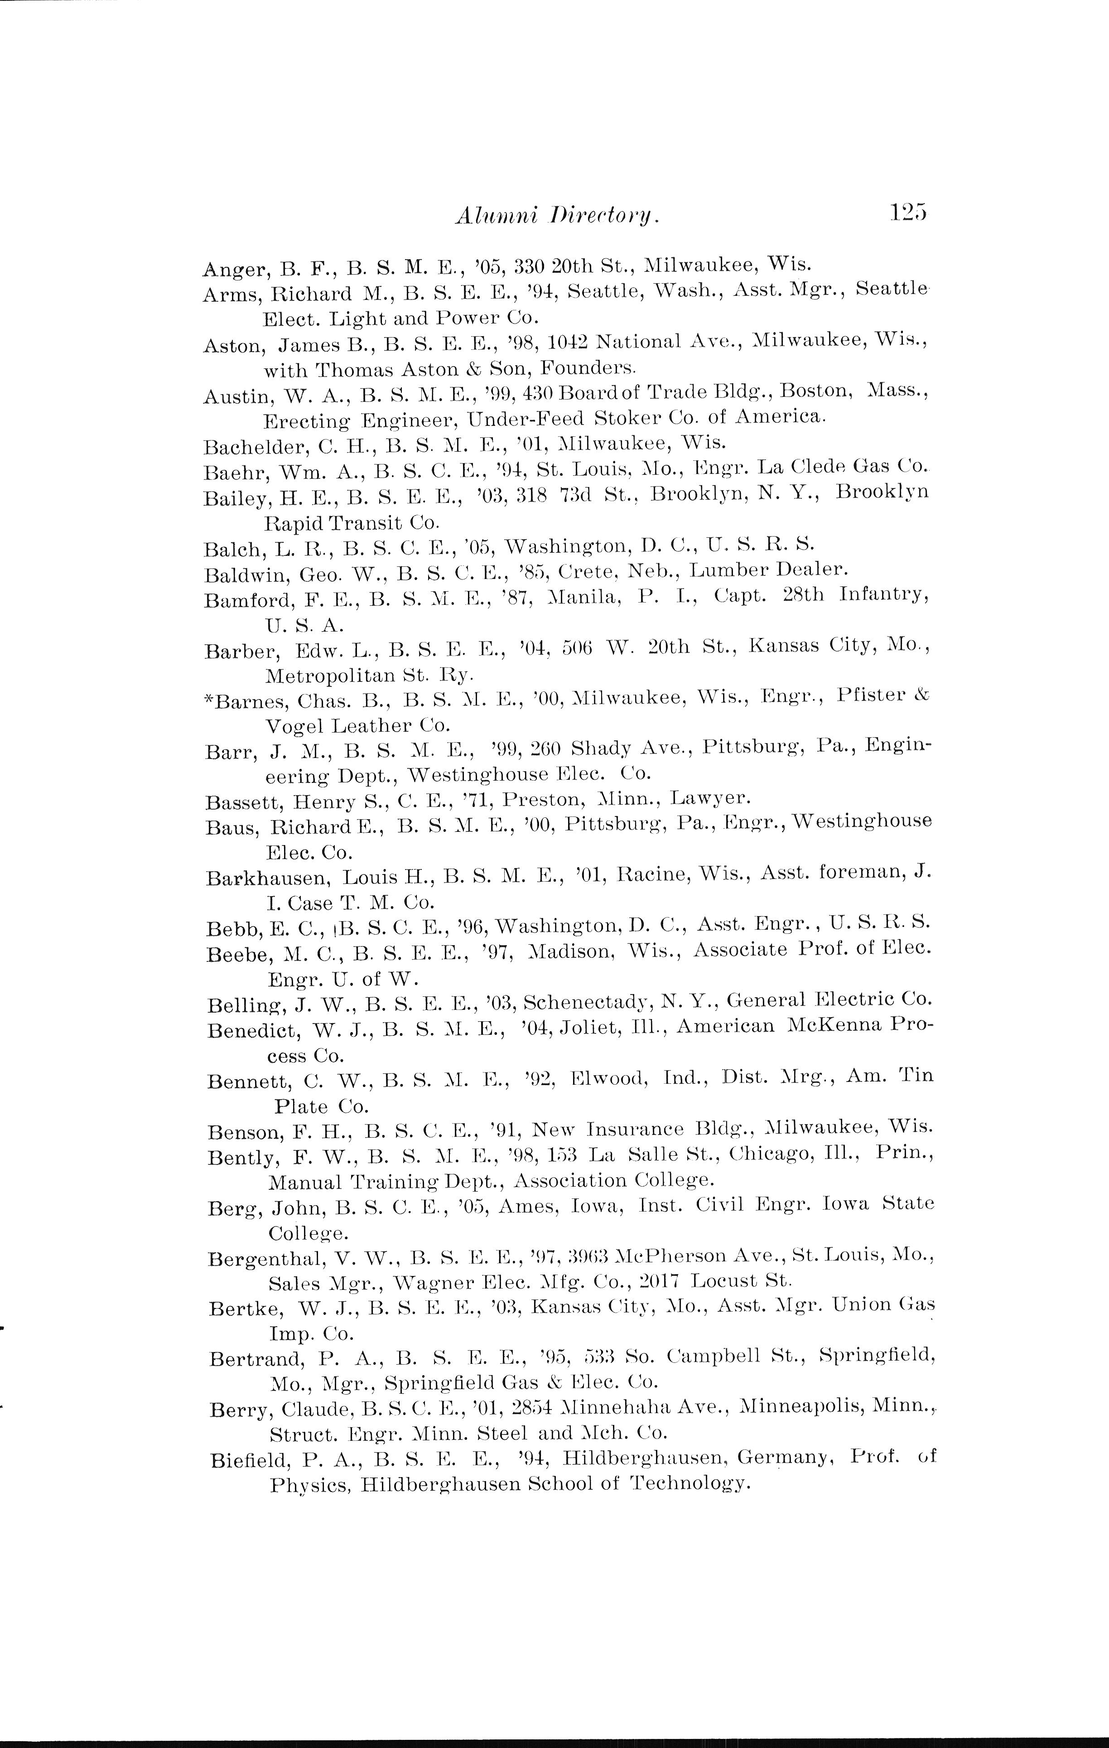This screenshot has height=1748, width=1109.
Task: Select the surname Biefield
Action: coord(251,1459)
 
